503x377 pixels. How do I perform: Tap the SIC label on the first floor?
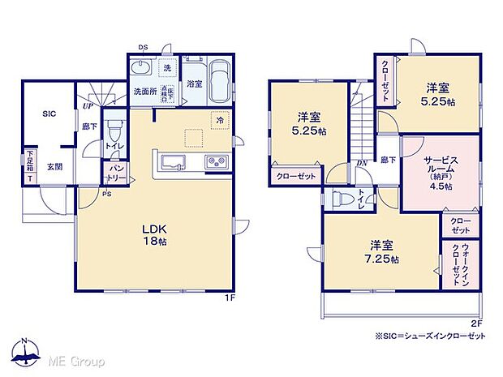pyautogui.click(x=49, y=115)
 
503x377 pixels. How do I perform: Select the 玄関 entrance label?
pyautogui.click(x=54, y=165)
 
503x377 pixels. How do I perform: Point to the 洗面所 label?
pyautogui.click(x=145, y=90)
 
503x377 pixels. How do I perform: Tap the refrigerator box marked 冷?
pyautogui.click(x=220, y=120)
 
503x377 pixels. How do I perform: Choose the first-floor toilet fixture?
pyautogui.click(x=115, y=132)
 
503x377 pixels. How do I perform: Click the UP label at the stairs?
pyautogui.click(x=85, y=105)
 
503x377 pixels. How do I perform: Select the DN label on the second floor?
pyautogui.click(x=362, y=161)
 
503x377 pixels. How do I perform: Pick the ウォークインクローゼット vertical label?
pyautogui.click(x=461, y=266)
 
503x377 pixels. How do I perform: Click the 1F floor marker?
pyautogui.click(x=230, y=298)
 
